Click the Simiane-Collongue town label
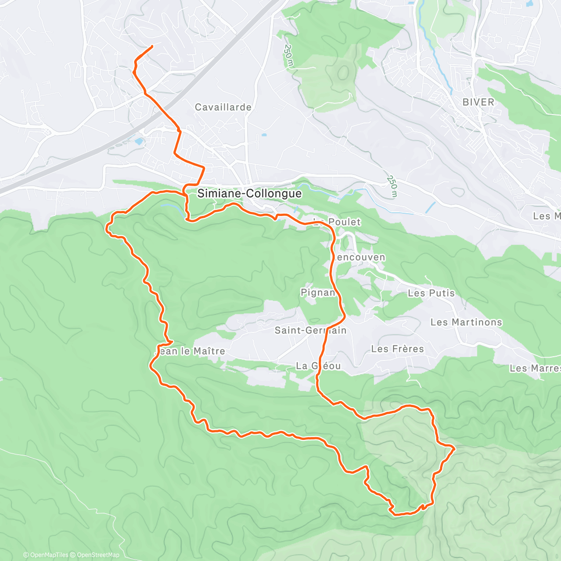(x=249, y=194)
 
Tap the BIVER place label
(x=478, y=102)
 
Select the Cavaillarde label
(x=223, y=107)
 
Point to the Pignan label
(x=318, y=293)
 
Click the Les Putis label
(x=431, y=293)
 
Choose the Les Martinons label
(x=466, y=322)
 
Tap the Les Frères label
(x=397, y=349)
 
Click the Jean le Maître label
(x=190, y=351)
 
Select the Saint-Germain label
(x=310, y=330)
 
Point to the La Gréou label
(x=318, y=366)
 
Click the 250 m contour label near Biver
(x=392, y=186)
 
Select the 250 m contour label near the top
(x=288, y=56)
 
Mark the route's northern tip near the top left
(x=152, y=46)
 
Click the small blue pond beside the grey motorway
(x=139, y=140)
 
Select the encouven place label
(x=360, y=257)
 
